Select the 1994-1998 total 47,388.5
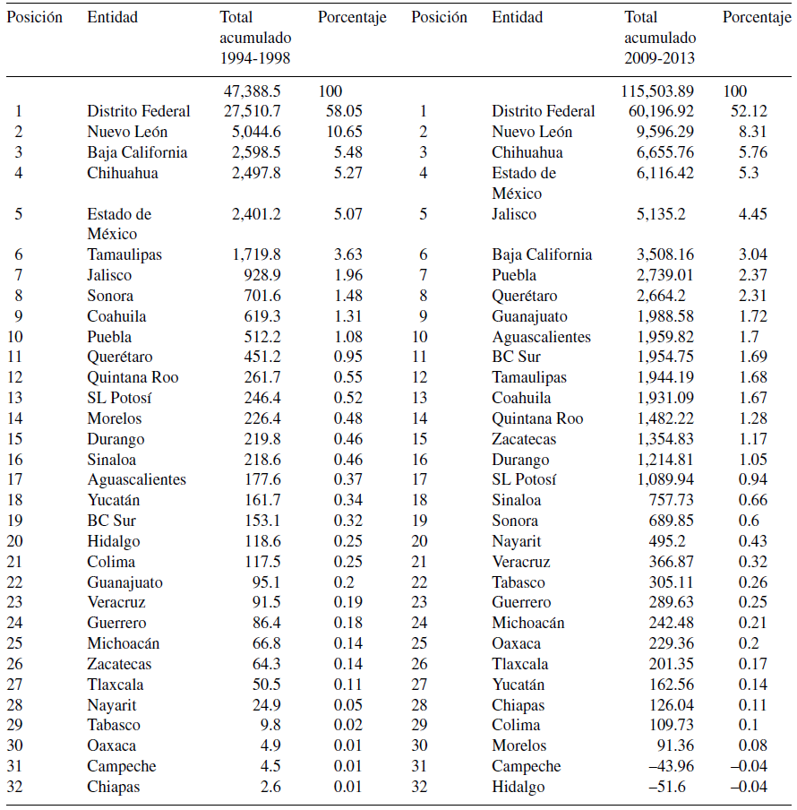253,90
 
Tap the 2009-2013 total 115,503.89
657,90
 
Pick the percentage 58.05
345,111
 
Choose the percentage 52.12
748,111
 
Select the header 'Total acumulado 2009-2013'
660,38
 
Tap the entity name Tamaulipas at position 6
124,254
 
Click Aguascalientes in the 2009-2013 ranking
541,337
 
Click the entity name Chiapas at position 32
113,787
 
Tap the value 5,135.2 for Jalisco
666,214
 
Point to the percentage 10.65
345,132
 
